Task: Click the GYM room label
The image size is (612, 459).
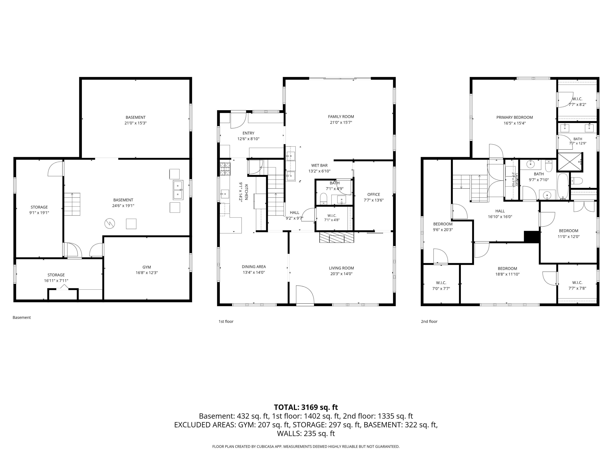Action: [147, 267]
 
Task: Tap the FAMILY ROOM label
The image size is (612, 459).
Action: [341, 117]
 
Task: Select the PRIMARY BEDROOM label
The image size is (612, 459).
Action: [514, 117]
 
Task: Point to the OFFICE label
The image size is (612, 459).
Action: [374, 194]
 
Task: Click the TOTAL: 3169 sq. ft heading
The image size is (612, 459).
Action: [306, 407]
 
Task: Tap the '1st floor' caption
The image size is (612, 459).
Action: [226, 322]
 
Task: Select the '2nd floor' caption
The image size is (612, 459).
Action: [429, 322]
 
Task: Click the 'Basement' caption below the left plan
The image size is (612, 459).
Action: [22, 317]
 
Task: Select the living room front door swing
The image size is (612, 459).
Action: [305, 295]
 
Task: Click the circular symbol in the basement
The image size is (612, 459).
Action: [110, 223]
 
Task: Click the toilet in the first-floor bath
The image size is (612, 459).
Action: [323, 198]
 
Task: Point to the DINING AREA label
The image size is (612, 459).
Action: [254, 267]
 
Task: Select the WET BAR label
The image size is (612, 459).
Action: [319, 165]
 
